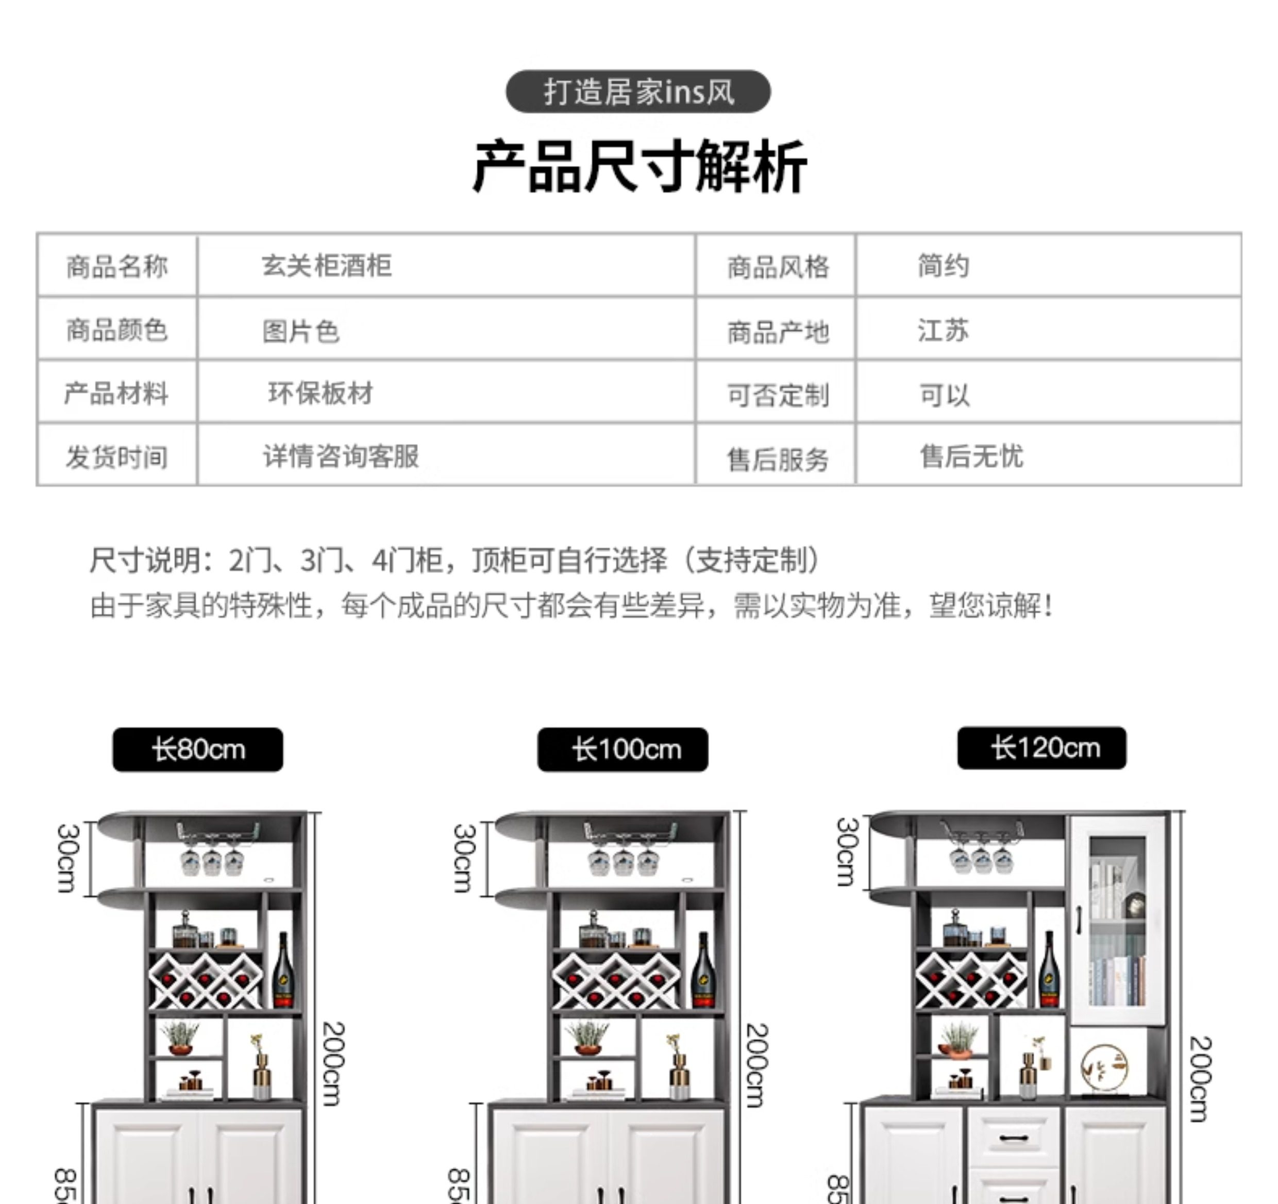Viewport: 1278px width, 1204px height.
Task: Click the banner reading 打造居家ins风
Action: click(638, 91)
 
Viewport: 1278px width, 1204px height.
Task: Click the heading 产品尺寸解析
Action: click(639, 166)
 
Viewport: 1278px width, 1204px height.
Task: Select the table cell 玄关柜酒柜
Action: click(327, 265)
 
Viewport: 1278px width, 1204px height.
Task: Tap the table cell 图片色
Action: click(300, 331)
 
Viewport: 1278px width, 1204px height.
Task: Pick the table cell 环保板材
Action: click(320, 393)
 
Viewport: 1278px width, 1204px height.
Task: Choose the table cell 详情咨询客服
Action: click(341, 456)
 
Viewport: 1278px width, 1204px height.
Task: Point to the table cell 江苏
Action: click(943, 330)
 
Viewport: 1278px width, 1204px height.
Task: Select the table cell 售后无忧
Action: click(971, 456)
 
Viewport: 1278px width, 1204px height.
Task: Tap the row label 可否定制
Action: click(778, 395)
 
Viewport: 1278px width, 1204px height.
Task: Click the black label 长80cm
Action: click(198, 749)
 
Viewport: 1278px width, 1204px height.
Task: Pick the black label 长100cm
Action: click(623, 749)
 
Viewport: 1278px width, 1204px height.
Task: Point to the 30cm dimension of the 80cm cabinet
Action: click(68, 858)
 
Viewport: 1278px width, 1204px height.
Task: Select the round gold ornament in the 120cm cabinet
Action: click(1103, 1068)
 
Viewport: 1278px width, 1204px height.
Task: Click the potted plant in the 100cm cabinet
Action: click(587, 1037)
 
